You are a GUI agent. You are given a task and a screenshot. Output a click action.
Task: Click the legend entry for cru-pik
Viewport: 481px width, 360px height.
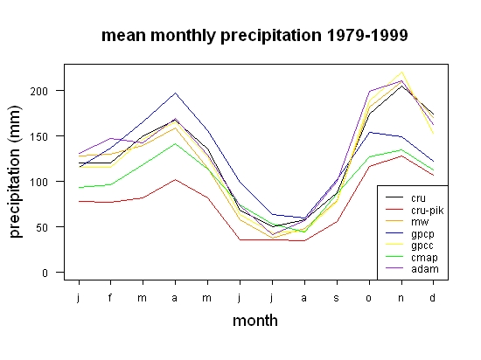tap(428, 211)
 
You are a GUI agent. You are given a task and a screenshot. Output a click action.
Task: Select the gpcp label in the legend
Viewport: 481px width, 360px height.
tap(422, 234)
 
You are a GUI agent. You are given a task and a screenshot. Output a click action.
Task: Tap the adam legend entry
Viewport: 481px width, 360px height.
tap(425, 269)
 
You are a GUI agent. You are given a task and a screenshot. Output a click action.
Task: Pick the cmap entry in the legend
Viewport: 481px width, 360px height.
tap(424, 258)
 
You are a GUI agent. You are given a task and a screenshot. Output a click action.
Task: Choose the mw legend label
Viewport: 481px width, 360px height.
tap(420, 222)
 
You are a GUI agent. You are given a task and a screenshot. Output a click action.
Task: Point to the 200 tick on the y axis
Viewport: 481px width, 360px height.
tap(39, 91)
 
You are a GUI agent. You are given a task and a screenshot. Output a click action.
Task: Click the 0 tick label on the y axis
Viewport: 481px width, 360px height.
tap(45, 273)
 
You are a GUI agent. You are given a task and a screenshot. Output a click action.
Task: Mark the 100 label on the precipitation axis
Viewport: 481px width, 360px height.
tap(39, 182)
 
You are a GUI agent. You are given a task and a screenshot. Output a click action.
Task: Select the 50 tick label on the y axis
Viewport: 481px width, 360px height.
tap(42, 227)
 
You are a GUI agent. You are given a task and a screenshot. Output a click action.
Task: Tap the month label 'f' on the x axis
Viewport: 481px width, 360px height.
tap(110, 297)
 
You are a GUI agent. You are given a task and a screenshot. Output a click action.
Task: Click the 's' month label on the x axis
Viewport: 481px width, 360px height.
tap(337, 298)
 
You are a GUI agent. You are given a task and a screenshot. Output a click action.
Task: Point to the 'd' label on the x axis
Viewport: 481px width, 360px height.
tap(433, 297)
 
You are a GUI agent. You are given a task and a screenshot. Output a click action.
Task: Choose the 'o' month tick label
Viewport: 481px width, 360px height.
tap(369, 298)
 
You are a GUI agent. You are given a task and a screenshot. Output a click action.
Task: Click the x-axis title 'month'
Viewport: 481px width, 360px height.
tap(255, 321)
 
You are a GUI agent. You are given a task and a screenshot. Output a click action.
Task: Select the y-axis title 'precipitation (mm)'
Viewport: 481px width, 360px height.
tap(15, 171)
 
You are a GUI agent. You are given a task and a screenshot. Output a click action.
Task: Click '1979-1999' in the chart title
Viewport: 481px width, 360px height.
tap(367, 35)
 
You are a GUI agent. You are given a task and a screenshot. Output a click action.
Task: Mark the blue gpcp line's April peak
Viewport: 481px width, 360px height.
tap(175, 93)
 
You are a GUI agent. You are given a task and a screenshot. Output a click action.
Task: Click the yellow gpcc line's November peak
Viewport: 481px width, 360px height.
tap(401, 73)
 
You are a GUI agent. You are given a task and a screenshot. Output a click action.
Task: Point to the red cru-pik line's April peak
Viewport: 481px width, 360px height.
tap(175, 180)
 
